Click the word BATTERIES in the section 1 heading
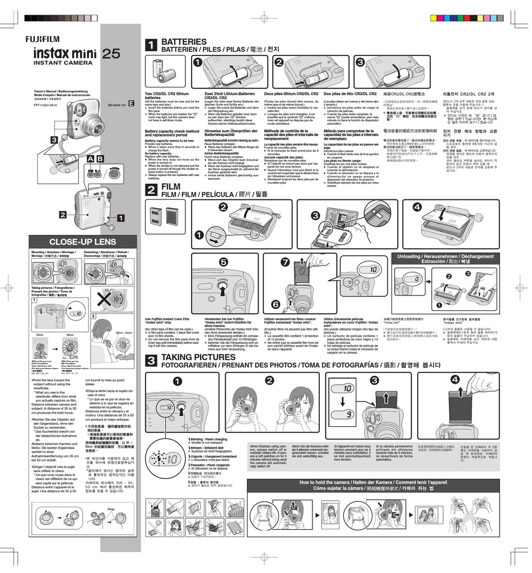[184, 42]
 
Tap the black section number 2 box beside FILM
[151, 190]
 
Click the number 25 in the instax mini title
[111, 54]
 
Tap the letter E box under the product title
[131, 103]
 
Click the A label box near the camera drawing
[90, 160]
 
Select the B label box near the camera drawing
[100, 160]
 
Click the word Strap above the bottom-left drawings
[111, 509]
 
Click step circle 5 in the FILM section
[223, 262]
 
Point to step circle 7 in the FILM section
[284, 262]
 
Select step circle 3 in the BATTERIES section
[360, 62]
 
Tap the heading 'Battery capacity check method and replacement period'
[171, 133]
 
